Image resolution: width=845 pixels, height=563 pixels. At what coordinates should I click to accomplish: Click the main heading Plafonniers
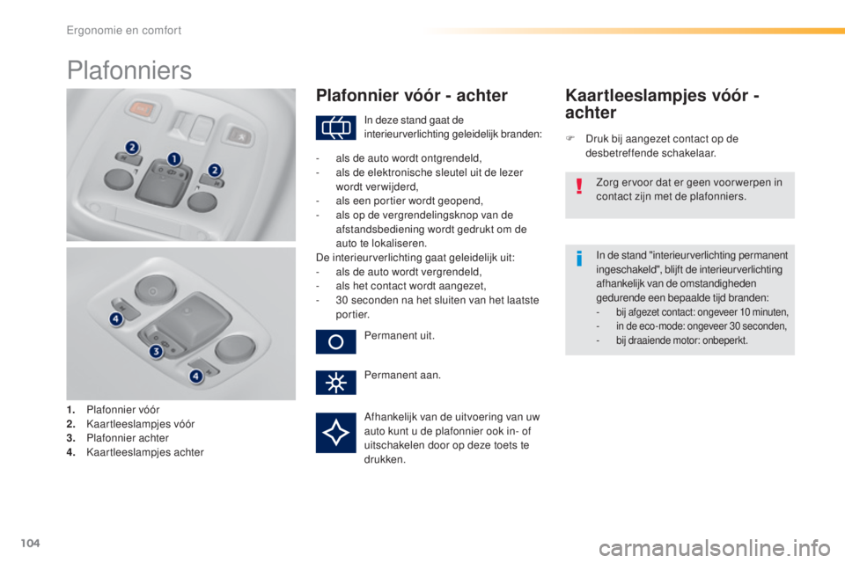129,69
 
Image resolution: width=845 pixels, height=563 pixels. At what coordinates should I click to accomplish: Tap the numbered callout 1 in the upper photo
174,158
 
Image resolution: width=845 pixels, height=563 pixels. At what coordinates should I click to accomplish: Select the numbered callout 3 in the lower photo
156,352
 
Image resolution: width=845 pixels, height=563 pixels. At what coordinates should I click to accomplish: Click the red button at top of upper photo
137,109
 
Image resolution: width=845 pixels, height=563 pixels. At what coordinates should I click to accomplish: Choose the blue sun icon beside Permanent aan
335,384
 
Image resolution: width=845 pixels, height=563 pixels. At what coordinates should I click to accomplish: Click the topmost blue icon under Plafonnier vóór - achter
335,129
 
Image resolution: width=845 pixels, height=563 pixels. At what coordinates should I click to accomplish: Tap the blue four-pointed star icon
335,432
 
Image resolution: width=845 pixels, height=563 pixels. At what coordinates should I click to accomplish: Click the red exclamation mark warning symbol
578,190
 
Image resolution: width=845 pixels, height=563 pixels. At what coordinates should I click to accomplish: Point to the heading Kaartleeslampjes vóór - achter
663,103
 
